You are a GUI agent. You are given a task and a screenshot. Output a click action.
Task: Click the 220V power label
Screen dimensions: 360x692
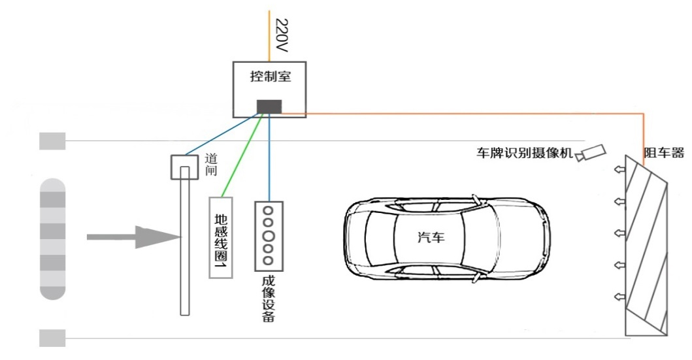(x=282, y=35)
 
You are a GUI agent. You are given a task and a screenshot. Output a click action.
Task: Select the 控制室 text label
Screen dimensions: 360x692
(x=270, y=76)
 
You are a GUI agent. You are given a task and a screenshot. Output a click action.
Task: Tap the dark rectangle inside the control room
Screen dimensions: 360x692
(x=269, y=106)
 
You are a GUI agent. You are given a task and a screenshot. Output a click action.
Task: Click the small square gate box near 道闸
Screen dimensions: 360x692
(x=184, y=167)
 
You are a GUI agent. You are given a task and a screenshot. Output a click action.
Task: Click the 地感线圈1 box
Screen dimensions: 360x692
(x=220, y=237)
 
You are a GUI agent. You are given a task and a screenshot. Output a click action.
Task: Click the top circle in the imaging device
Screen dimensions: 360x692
(x=268, y=210)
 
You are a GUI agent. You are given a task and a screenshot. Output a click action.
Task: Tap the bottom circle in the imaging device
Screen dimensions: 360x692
(x=268, y=261)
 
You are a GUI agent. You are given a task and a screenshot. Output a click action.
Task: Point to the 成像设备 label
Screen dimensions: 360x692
(x=267, y=298)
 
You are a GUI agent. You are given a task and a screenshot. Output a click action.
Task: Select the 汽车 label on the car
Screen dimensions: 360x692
(x=431, y=237)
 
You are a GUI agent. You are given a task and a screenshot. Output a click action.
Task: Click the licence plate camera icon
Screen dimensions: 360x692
(x=591, y=152)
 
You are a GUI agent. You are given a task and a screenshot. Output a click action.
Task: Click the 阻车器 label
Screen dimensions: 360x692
(x=663, y=153)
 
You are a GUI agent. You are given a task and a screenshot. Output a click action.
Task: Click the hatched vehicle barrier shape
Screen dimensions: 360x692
(x=646, y=248)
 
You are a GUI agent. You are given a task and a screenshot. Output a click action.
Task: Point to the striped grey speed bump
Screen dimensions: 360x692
(x=53, y=238)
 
